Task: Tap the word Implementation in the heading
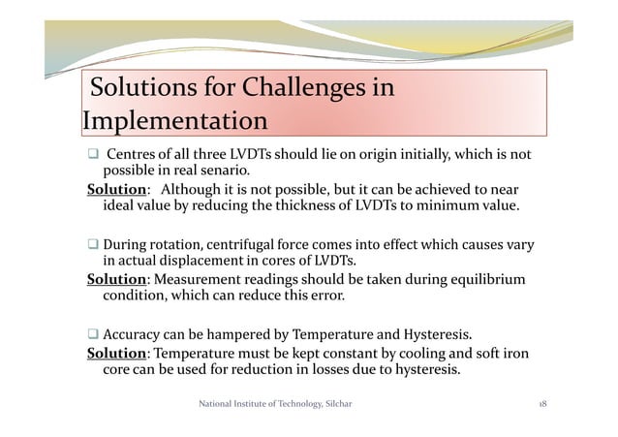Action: pyautogui.click(x=174, y=123)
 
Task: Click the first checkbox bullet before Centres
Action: pyautogui.click(x=92, y=155)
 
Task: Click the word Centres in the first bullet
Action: pyautogui.click(x=131, y=155)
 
